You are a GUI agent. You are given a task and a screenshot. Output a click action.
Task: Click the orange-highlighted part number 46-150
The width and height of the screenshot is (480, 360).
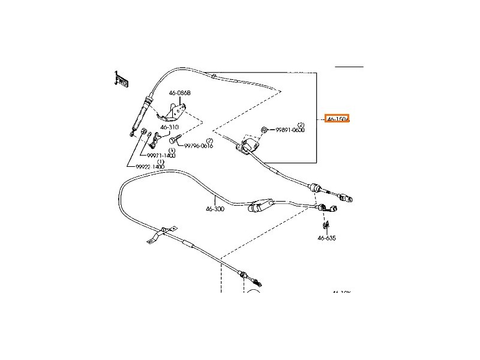point(337,119)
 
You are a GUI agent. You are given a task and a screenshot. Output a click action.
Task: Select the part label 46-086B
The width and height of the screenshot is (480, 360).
point(179,93)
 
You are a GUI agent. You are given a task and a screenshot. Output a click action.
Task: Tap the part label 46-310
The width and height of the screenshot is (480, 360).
point(169,127)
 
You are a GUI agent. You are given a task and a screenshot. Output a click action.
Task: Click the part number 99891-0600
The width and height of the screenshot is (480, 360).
point(290,130)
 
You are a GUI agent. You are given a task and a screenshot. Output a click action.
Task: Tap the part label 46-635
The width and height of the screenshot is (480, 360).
point(326,238)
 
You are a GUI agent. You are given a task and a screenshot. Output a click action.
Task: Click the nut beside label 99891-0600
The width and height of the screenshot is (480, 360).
point(265,130)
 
